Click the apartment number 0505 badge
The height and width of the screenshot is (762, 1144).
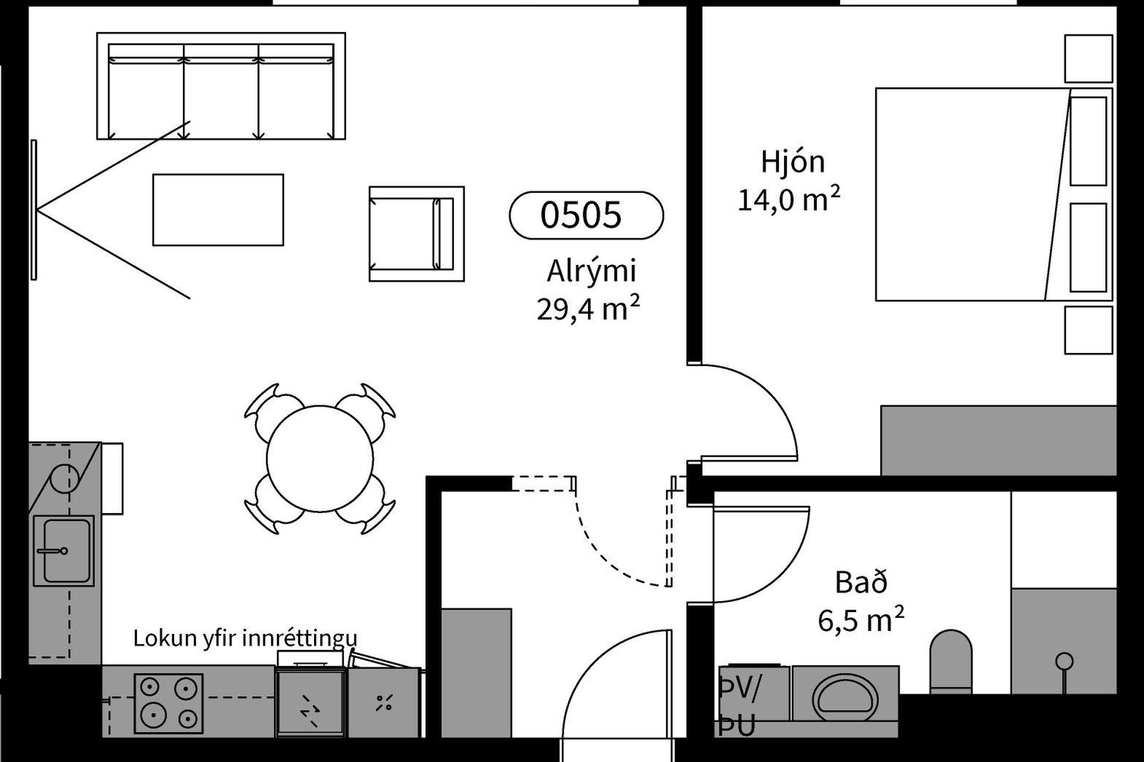point(586,215)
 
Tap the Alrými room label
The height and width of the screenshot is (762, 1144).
point(592,271)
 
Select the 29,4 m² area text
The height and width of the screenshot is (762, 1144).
point(589,308)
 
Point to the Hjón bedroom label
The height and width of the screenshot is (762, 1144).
point(792,162)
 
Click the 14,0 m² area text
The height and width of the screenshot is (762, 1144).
point(789,199)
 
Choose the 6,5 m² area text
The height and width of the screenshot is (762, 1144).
point(861,620)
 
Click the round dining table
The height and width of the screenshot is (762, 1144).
point(320,459)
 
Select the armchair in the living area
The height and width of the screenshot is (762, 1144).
point(416,233)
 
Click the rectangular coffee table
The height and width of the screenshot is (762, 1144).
point(218,210)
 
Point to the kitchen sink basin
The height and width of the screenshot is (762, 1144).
point(64,551)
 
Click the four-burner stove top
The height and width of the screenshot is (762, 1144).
point(169,704)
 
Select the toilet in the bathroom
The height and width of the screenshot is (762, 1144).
point(951,661)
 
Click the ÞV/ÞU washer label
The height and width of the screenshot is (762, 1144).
point(738,708)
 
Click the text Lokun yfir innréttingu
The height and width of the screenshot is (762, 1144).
point(245,638)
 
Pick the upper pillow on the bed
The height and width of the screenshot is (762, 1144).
point(1089,141)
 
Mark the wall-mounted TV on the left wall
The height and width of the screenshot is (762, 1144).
point(34,210)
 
